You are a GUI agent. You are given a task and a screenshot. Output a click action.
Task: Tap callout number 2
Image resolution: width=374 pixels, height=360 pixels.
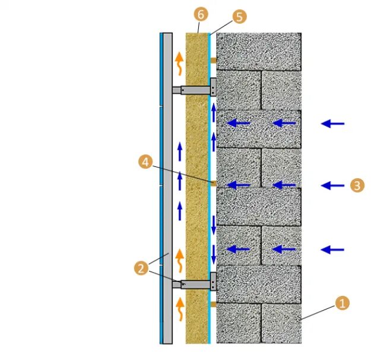141,269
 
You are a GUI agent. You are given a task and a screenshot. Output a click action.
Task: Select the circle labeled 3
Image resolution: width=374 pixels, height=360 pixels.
356,185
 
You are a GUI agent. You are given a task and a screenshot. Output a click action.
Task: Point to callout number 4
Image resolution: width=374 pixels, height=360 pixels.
144,160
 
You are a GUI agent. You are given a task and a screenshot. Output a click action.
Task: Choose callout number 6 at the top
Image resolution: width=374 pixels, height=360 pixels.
200,14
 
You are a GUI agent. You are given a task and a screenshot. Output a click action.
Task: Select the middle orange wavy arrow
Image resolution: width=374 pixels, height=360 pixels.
179,259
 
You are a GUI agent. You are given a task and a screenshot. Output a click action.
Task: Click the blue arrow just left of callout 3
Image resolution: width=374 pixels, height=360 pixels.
332,185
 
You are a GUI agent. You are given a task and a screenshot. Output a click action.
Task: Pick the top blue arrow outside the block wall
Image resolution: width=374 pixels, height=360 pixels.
332,124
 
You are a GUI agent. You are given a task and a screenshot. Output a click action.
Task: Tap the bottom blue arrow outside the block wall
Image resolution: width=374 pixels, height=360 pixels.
332,250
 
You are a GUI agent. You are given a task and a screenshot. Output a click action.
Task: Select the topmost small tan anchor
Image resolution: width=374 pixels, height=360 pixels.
213,59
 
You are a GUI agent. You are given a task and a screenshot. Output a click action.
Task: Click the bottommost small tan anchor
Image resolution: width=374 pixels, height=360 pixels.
213,304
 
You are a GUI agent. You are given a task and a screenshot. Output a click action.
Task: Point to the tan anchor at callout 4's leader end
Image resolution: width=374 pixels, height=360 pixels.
213,183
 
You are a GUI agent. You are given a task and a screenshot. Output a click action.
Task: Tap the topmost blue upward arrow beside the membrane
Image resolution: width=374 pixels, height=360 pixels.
214,113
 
